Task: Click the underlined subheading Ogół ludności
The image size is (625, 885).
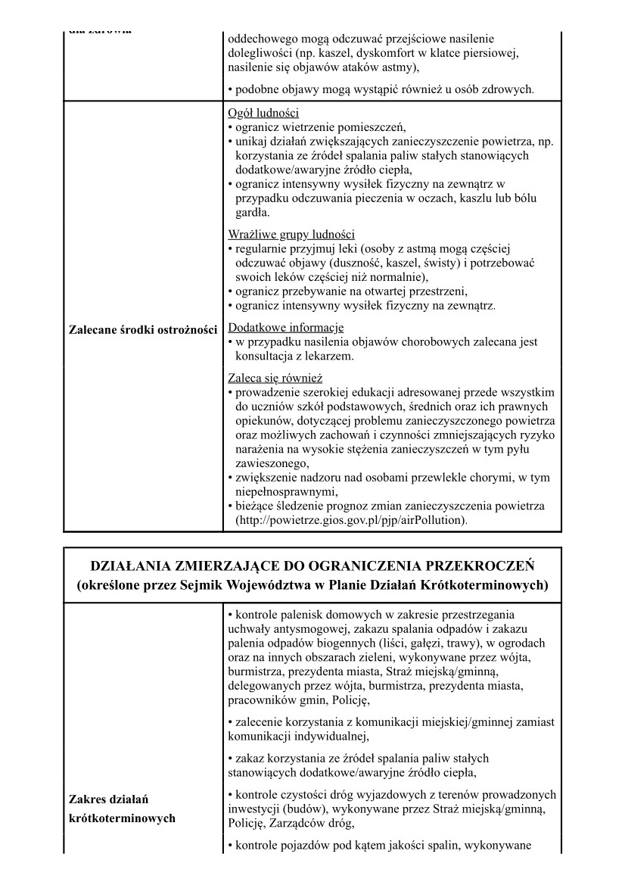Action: [x=257, y=114]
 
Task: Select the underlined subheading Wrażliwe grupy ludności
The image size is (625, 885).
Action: [x=291, y=234]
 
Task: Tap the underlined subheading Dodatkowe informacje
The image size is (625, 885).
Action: [x=285, y=328]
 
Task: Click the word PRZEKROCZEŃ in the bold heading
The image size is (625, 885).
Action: [x=471, y=566]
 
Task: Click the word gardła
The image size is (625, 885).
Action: [x=253, y=213]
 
